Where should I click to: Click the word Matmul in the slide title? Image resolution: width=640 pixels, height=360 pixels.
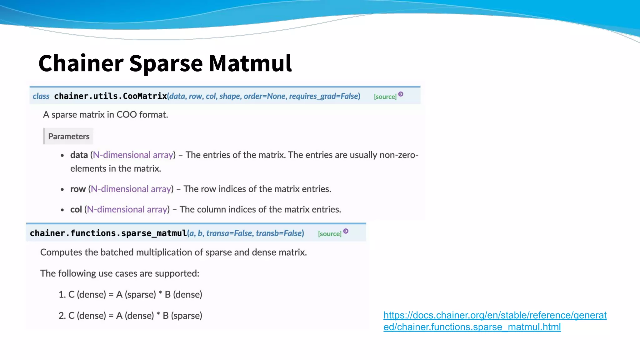(250, 63)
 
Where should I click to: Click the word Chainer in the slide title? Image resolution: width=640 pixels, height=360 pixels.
(81, 63)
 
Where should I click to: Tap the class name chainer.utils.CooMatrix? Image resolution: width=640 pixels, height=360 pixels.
(110, 96)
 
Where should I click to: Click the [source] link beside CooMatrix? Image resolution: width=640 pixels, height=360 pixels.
(385, 97)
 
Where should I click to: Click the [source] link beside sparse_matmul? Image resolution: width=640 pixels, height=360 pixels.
(329, 234)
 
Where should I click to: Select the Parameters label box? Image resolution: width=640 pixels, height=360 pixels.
(68, 136)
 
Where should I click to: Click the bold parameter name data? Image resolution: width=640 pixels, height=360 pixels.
(79, 155)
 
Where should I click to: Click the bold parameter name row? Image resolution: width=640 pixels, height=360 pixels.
(78, 189)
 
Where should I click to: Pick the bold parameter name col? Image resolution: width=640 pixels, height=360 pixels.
(76, 209)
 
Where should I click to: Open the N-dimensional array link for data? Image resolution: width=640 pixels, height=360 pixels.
(133, 155)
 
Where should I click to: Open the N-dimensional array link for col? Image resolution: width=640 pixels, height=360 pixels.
(127, 209)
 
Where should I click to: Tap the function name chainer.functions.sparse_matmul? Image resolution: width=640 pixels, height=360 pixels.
(108, 233)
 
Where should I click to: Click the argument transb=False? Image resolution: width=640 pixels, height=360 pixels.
(280, 233)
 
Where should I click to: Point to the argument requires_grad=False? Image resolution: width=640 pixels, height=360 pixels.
(324, 96)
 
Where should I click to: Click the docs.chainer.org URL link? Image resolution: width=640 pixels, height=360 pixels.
(495, 321)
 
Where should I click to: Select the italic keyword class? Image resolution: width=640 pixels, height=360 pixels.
(41, 96)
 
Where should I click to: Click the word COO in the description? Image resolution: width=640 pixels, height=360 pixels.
(127, 115)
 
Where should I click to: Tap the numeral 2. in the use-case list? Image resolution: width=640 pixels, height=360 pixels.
(62, 316)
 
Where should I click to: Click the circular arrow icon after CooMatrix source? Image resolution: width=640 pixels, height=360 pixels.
(401, 94)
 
